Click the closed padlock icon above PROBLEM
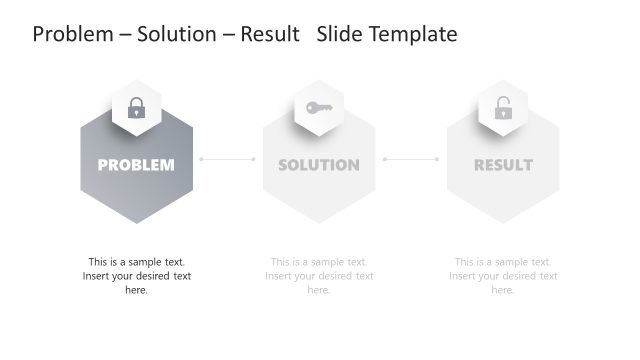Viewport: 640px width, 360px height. point(137,108)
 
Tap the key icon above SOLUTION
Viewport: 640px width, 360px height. point(319,108)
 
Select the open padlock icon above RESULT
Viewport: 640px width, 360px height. point(503,108)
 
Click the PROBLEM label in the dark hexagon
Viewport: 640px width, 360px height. point(136,165)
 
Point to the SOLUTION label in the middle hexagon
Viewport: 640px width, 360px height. point(319,165)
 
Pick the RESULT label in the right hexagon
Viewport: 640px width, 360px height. point(503,165)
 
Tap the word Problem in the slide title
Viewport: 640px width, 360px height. point(71,34)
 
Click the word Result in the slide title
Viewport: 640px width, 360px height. point(272,34)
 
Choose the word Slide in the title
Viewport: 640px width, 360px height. point(339,34)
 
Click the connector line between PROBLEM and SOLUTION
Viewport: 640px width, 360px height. point(227,158)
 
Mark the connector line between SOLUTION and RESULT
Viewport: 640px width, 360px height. point(411,158)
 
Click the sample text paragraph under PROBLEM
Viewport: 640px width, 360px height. point(136,276)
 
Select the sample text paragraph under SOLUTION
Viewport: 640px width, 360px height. point(319,276)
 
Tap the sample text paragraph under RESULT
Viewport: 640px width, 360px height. point(503,276)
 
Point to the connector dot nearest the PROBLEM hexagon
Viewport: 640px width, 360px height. point(201,158)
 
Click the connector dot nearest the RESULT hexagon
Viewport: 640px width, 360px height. point(437,158)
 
